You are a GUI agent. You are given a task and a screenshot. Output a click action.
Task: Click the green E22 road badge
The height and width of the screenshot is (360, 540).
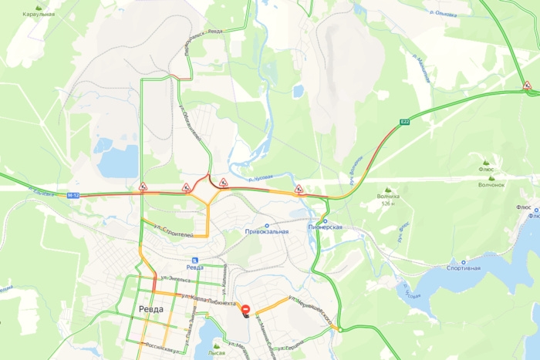pyautogui.click(x=405, y=122)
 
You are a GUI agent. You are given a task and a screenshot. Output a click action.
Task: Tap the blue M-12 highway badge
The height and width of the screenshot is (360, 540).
pyautogui.click(x=73, y=195)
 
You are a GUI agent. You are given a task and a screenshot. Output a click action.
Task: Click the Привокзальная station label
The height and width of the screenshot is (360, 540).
pyautogui.click(x=266, y=231)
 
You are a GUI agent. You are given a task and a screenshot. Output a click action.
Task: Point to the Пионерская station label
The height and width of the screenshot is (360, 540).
pyautogui.click(x=325, y=227)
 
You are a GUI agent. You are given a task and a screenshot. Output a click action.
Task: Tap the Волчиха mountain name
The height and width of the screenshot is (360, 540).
pyautogui.click(x=388, y=197)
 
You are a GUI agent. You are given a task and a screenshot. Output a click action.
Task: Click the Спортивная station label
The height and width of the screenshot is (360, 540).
pyautogui.click(x=464, y=268)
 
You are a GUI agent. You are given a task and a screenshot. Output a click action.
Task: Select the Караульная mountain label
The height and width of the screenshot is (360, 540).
pyautogui.click(x=38, y=15)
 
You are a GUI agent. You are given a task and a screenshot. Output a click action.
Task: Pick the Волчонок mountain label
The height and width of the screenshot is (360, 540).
pyautogui.click(x=491, y=184)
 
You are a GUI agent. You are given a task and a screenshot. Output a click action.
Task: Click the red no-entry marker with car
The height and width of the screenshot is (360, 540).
pyautogui.click(x=245, y=310)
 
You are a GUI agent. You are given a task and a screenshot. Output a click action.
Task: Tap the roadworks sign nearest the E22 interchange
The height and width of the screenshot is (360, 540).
pyautogui.click(x=527, y=86)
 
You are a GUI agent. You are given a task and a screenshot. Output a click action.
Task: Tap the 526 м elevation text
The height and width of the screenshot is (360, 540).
pyautogui.click(x=387, y=204)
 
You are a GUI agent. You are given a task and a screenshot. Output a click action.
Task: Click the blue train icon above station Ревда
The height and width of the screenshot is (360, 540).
pyautogui.click(x=194, y=260)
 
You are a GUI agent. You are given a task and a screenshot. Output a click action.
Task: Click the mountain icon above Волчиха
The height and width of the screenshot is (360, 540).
pyautogui.click(x=388, y=189)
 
